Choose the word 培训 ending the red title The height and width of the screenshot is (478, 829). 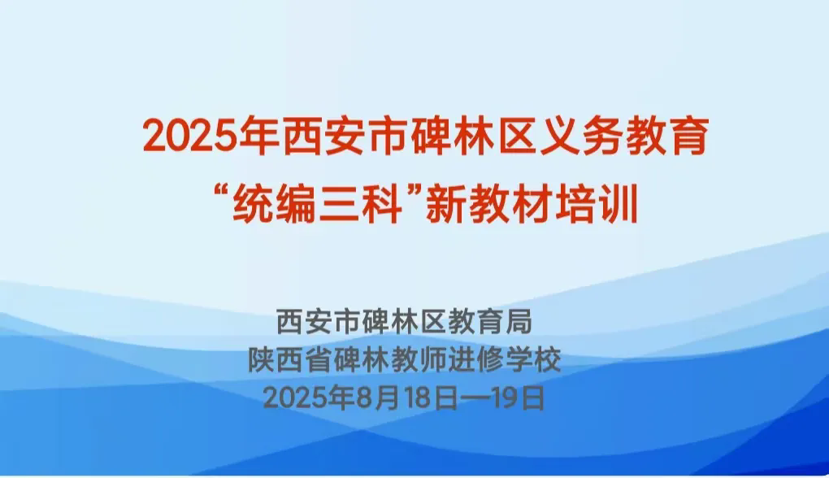pyautogui.click(x=597, y=205)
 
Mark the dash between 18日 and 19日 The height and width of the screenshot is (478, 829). pyautogui.click(x=473, y=398)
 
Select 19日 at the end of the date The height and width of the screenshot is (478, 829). pyautogui.click(x=517, y=398)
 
